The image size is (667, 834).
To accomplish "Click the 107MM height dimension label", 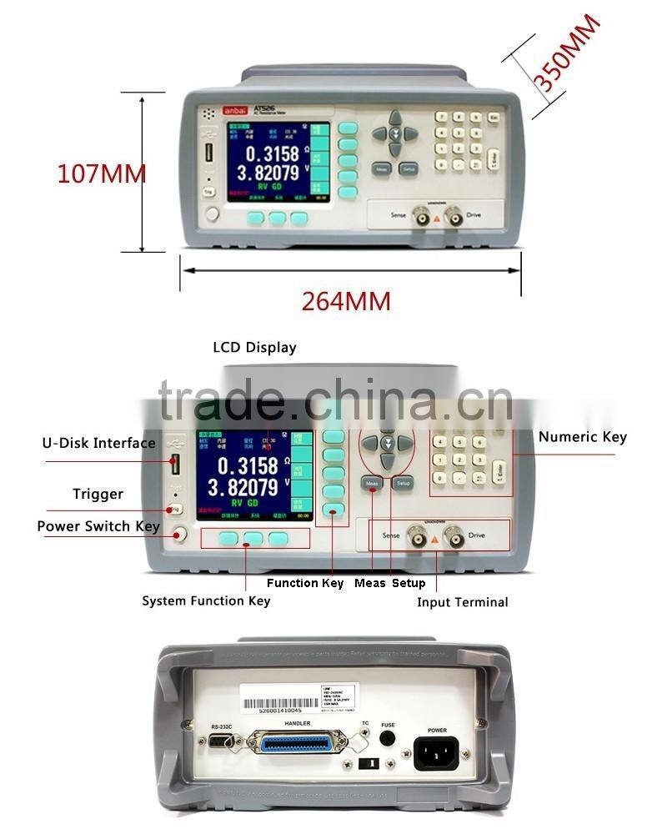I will tap(101, 173).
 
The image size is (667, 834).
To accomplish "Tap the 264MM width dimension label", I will tap(346, 301).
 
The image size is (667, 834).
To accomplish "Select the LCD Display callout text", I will tap(254, 348).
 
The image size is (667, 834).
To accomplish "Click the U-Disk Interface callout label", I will tap(99, 443).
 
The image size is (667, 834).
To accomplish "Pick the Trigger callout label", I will tap(98, 494).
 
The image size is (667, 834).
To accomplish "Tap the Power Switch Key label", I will tap(98, 526).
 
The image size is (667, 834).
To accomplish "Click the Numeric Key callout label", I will tap(582, 437).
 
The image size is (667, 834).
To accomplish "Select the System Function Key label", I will tap(206, 600).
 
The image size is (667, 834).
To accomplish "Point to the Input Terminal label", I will tap(462, 601).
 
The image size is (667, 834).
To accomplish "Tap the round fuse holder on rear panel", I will tap(388, 738).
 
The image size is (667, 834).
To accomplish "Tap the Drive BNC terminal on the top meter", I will tap(454, 216).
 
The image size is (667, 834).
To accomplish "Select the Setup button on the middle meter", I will tap(404, 483).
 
